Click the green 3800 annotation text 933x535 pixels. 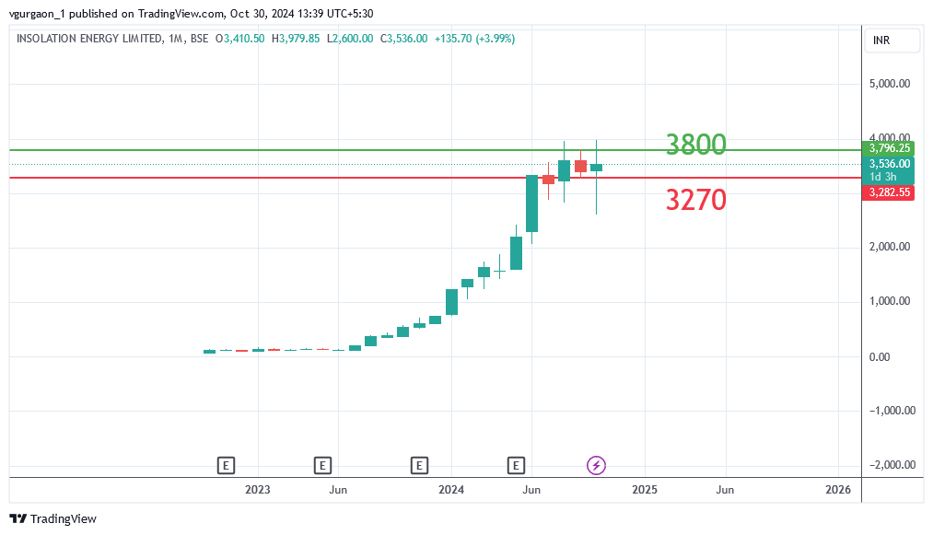pyautogui.click(x=695, y=145)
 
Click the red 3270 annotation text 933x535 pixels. pyautogui.click(x=695, y=199)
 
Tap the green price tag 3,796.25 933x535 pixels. pyautogui.click(x=890, y=148)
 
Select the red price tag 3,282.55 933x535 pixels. pyautogui.click(x=890, y=192)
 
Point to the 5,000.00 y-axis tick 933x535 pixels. pyautogui.click(x=890, y=84)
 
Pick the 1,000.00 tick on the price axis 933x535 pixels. pyautogui.click(x=890, y=301)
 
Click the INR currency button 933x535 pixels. pyautogui.click(x=882, y=41)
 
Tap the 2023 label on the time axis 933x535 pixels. pyautogui.click(x=258, y=490)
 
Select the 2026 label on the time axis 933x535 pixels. pyautogui.click(x=838, y=490)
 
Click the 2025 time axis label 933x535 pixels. pyautogui.click(x=645, y=490)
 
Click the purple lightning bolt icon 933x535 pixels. pyautogui.click(x=596, y=465)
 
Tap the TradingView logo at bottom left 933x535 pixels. pyautogui.click(x=52, y=519)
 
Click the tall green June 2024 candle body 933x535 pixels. pyautogui.click(x=531, y=203)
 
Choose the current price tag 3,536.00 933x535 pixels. pyautogui.click(x=890, y=164)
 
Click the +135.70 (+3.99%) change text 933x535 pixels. pyautogui.click(x=473, y=39)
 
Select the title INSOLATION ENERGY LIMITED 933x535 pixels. pyautogui.click(x=87, y=39)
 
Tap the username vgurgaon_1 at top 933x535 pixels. pyautogui.click(x=36, y=13)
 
